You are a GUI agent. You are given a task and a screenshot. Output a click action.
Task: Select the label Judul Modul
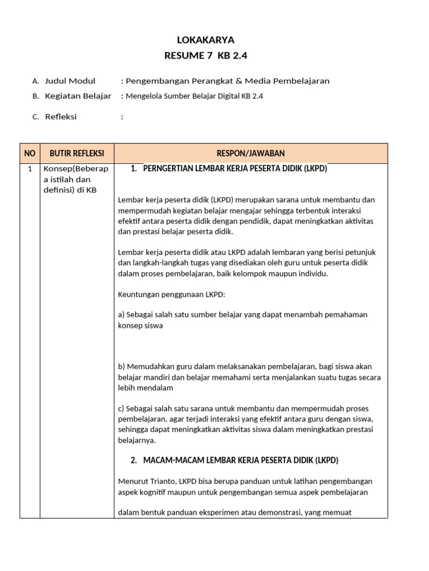tap(70, 81)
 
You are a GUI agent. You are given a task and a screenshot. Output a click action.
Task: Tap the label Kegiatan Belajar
tap(78, 96)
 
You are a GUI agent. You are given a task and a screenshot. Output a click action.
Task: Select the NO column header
tap(30, 153)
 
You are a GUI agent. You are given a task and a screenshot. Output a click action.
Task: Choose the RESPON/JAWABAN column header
tap(250, 153)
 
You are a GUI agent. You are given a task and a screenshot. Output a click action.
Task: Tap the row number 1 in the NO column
tap(30, 169)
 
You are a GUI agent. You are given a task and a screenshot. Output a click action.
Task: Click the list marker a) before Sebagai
tap(122, 314)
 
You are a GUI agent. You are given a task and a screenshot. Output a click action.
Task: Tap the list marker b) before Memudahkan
tap(122, 367)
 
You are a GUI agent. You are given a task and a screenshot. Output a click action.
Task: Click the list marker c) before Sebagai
tap(122, 409)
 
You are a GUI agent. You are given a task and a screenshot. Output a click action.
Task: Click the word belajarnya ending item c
tap(137, 440)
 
